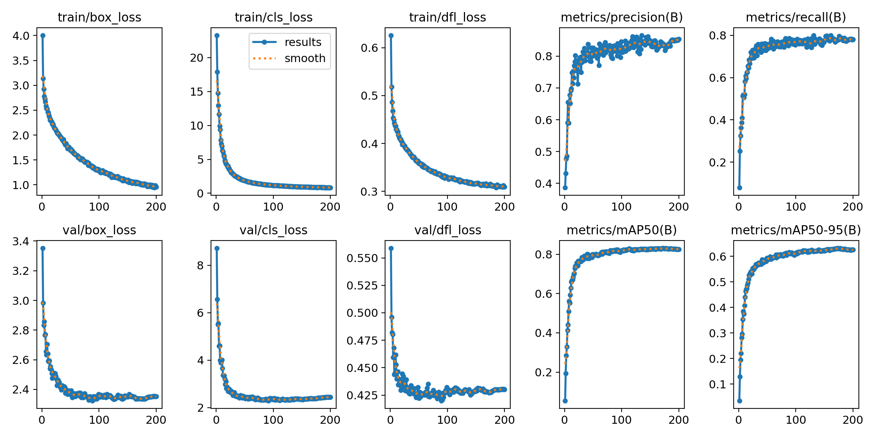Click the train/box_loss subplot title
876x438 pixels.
click(99, 18)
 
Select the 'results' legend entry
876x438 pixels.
click(303, 42)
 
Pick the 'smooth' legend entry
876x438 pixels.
click(305, 58)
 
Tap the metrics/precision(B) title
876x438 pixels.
click(622, 18)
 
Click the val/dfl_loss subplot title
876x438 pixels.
click(447, 230)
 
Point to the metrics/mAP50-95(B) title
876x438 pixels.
click(796, 230)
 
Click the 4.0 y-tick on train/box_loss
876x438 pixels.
click(21, 36)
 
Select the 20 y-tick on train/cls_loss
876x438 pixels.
click(197, 58)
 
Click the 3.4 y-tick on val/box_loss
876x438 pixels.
click(21, 241)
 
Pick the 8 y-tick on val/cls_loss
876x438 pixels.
click(200, 265)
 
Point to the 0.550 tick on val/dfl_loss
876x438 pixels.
click(362, 258)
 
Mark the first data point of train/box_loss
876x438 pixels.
click(43, 35)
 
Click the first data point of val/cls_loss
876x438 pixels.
click(217, 248)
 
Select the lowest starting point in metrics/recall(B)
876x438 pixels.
click(739, 188)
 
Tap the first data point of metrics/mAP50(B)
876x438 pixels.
click(565, 401)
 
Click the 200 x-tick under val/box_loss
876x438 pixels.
click(156, 420)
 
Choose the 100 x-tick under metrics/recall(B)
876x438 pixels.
click(796, 207)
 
